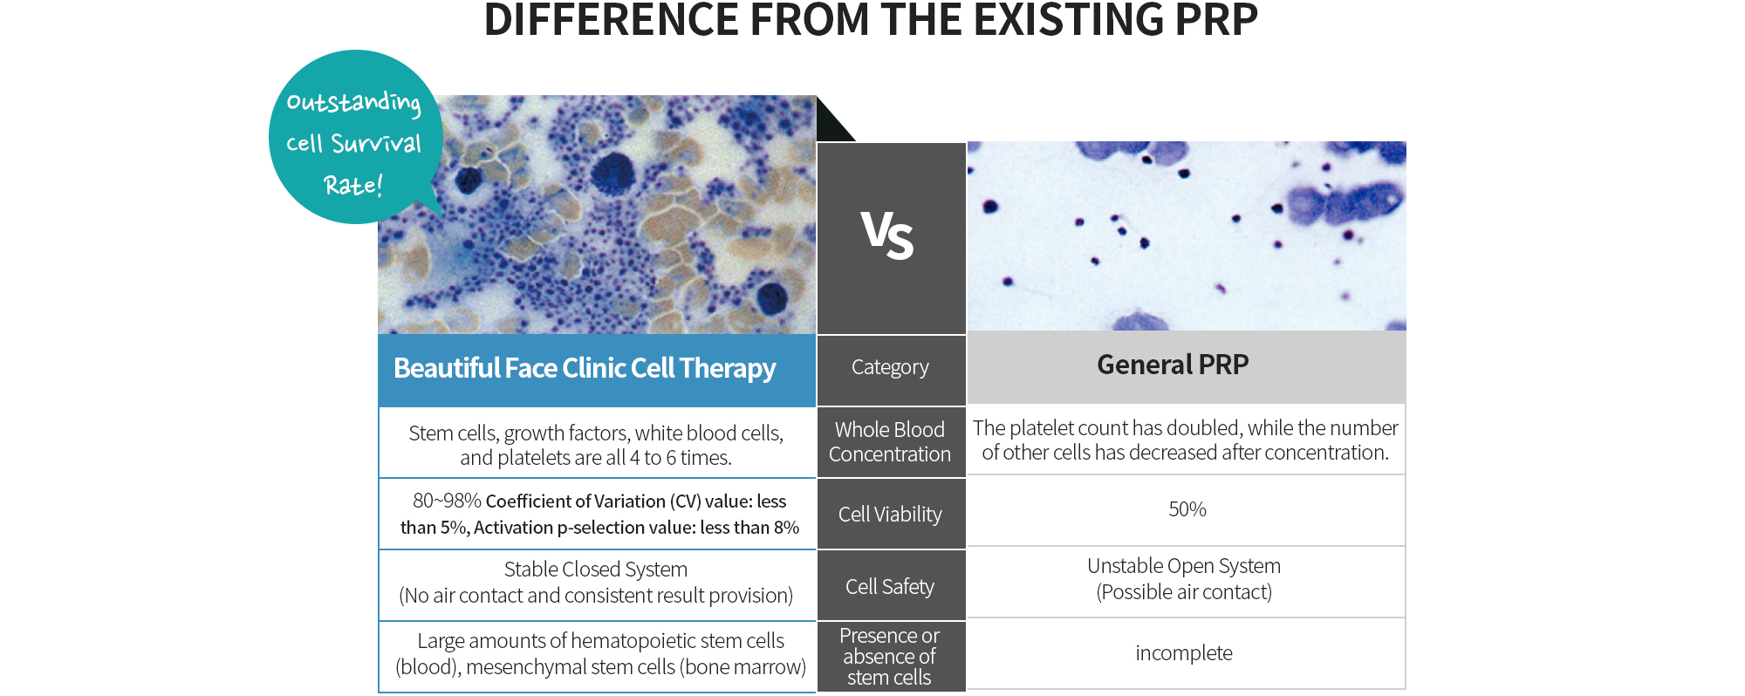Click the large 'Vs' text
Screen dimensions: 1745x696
click(887, 235)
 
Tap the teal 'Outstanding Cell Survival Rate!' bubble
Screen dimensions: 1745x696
click(355, 137)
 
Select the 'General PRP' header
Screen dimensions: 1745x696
click(1173, 365)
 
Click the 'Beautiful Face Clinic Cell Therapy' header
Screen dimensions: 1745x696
click(585, 368)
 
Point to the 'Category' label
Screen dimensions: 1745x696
click(890, 367)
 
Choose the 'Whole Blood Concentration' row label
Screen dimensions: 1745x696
click(890, 442)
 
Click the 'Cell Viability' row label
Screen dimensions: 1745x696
click(890, 515)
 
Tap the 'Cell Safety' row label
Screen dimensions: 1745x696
click(890, 586)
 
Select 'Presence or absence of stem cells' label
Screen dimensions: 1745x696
click(890, 657)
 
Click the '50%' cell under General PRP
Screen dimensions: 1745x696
click(1187, 509)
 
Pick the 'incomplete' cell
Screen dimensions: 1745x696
click(1184, 653)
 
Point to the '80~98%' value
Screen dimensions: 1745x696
click(447, 501)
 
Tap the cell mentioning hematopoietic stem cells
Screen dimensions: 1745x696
click(600, 654)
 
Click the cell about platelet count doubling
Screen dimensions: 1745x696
click(1185, 440)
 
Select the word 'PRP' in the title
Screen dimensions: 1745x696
click(1216, 19)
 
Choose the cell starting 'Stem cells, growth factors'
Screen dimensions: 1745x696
click(596, 446)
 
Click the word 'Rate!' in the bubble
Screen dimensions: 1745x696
click(353, 185)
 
